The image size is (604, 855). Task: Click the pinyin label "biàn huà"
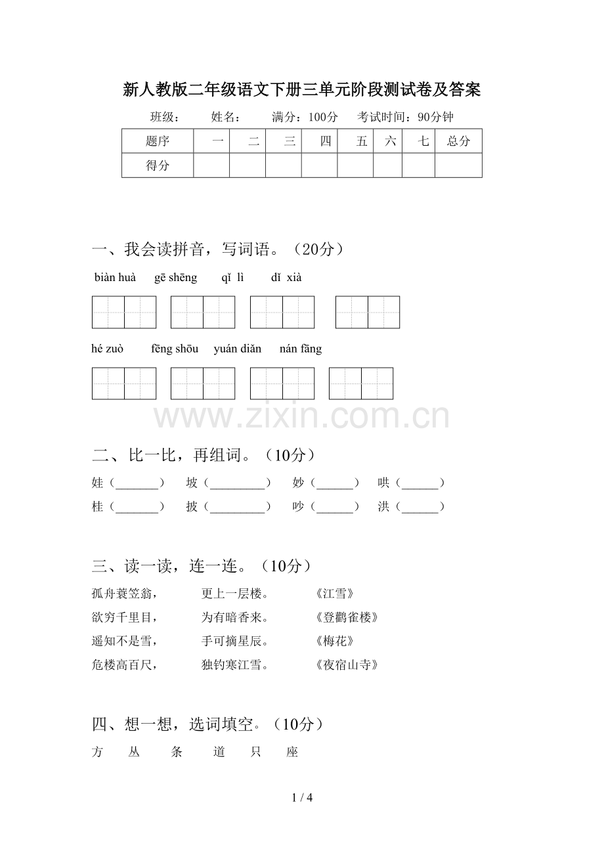pyautogui.click(x=115, y=278)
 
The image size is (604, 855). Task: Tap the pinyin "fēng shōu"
pyautogui.click(x=174, y=349)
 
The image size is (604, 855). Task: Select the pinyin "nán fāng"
pyautogui.click(x=301, y=349)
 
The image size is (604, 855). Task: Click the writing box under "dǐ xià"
pyautogui.click(x=368, y=312)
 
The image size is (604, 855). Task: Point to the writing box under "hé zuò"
pyautogui.click(x=124, y=384)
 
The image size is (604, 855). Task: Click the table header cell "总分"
pyautogui.click(x=458, y=141)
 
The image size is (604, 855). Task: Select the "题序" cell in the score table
pyautogui.click(x=158, y=141)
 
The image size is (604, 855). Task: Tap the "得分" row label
pyautogui.click(x=158, y=165)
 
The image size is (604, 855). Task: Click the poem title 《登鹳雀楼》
pyautogui.click(x=347, y=617)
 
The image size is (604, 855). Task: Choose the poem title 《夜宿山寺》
pyautogui.click(x=347, y=665)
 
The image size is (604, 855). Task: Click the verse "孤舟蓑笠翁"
pyautogui.click(x=125, y=594)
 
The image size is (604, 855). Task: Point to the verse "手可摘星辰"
pyautogui.click(x=234, y=641)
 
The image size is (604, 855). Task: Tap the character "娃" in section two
pyautogui.click(x=98, y=483)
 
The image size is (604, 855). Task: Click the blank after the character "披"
pyautogui.click(x=237, y=507)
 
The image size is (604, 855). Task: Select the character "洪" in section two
pyautogui.click(x=383, y=507)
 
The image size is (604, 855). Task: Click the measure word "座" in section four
pyautogui.click(x=292, y=753)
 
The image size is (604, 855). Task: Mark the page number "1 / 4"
pyautogui.click(x=302, y=798)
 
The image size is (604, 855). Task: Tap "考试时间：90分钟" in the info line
pyautogui.click(x=405, y=118)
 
